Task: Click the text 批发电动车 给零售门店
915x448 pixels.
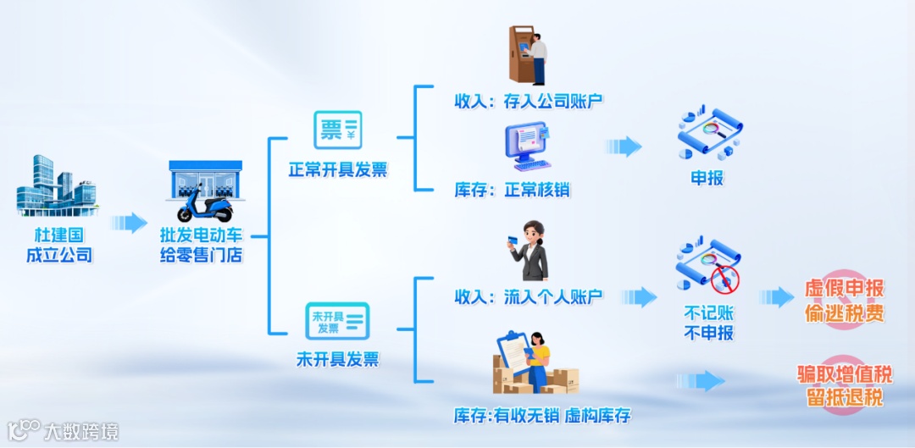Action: coord(202,243)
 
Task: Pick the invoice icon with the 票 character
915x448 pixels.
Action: coord(337,130)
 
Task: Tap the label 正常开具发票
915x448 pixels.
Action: coord(337,169)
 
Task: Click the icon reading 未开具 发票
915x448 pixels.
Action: coord(336,321)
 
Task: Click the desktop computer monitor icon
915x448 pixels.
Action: coord(527,147)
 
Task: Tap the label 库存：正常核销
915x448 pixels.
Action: coord(512,189)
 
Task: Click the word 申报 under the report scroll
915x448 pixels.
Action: coord(708,180)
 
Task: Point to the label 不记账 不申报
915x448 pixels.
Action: coord(708,322)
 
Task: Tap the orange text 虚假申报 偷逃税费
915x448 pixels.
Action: coord(844,301)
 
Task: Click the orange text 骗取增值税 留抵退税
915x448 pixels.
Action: coord(844,385)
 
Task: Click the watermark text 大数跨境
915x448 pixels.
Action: coord(81,431)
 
